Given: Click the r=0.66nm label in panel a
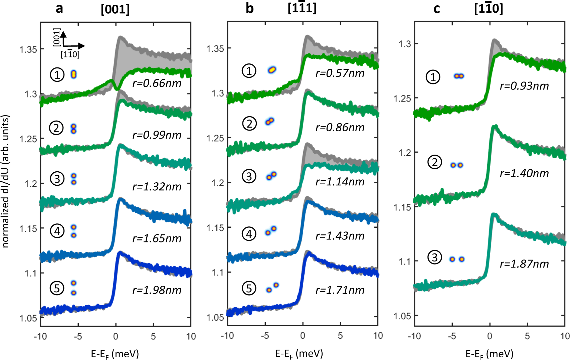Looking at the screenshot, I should (x=157, y=83).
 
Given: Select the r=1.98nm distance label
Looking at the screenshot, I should (x=157, y=290).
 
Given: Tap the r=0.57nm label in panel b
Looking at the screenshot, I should (x=340, y=73).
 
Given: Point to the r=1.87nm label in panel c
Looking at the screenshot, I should (x=524, y=264).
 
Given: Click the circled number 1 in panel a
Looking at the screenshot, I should (x=57, y=74).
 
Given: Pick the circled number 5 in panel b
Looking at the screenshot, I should (x=249, y=288).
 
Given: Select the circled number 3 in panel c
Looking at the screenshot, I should (x=434, y=257).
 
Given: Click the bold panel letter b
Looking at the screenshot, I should (x=249, y=8).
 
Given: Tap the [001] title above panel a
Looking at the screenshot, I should (x=115, y=9).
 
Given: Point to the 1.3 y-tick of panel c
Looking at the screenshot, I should (x=404, y=44).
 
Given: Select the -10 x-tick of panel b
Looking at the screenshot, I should (x=227, y=336).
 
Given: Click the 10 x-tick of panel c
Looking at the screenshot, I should (x=565, y=336).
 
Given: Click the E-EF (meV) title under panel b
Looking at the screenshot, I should (x=299, y=354).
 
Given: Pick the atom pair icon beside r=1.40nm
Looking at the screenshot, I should (x=456, y=165).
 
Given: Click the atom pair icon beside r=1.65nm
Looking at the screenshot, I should (x=74, y=231).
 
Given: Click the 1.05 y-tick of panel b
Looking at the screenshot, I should (x=215, y=317).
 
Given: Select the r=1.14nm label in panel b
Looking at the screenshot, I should (x=340, y=181).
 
